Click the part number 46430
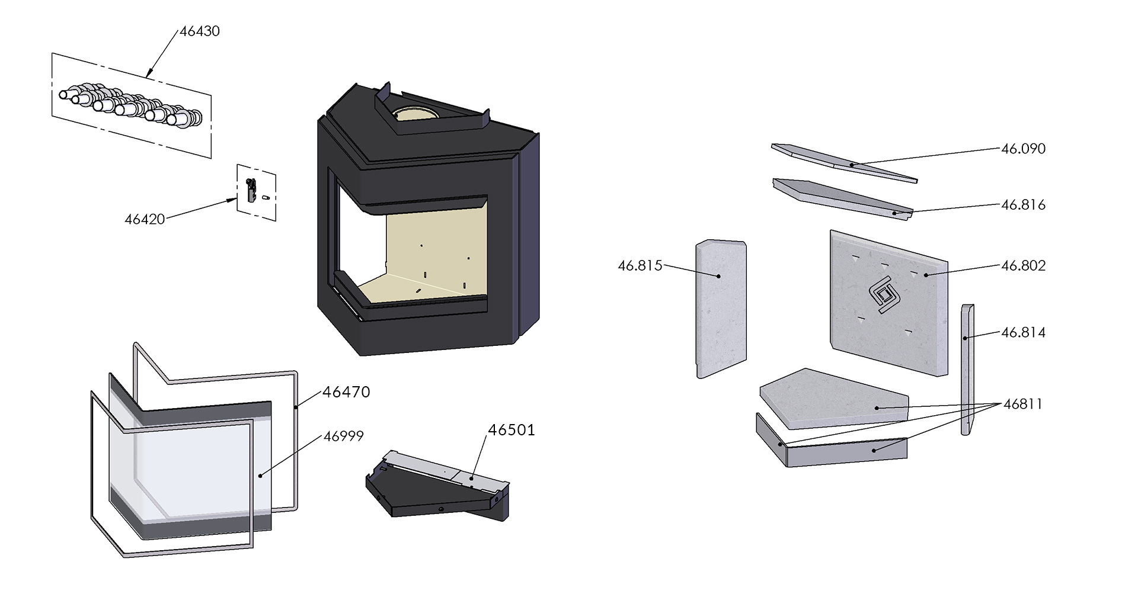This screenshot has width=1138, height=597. (x=199, y=31)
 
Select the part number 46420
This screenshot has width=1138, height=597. (x=145, y=219)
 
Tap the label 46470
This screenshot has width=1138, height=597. (x=346, y=392)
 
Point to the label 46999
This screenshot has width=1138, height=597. (x=343, y=436)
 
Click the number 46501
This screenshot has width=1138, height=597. (x=511, y=430)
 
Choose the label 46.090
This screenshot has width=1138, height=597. (x=1023, y=149)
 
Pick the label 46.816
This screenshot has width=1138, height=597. (x=1023, y=205)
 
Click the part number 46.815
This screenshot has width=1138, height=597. (x=640, y=266)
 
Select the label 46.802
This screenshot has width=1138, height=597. (x=1023, y=265)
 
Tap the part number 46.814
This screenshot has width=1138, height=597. (x=1023, y=332)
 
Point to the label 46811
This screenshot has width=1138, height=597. (x=1022, y=405)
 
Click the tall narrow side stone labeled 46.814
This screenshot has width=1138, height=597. (x=967, y=370)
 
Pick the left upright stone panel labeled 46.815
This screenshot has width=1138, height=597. (x=720, y=308)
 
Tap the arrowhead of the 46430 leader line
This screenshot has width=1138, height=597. (x=149, y=74)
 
